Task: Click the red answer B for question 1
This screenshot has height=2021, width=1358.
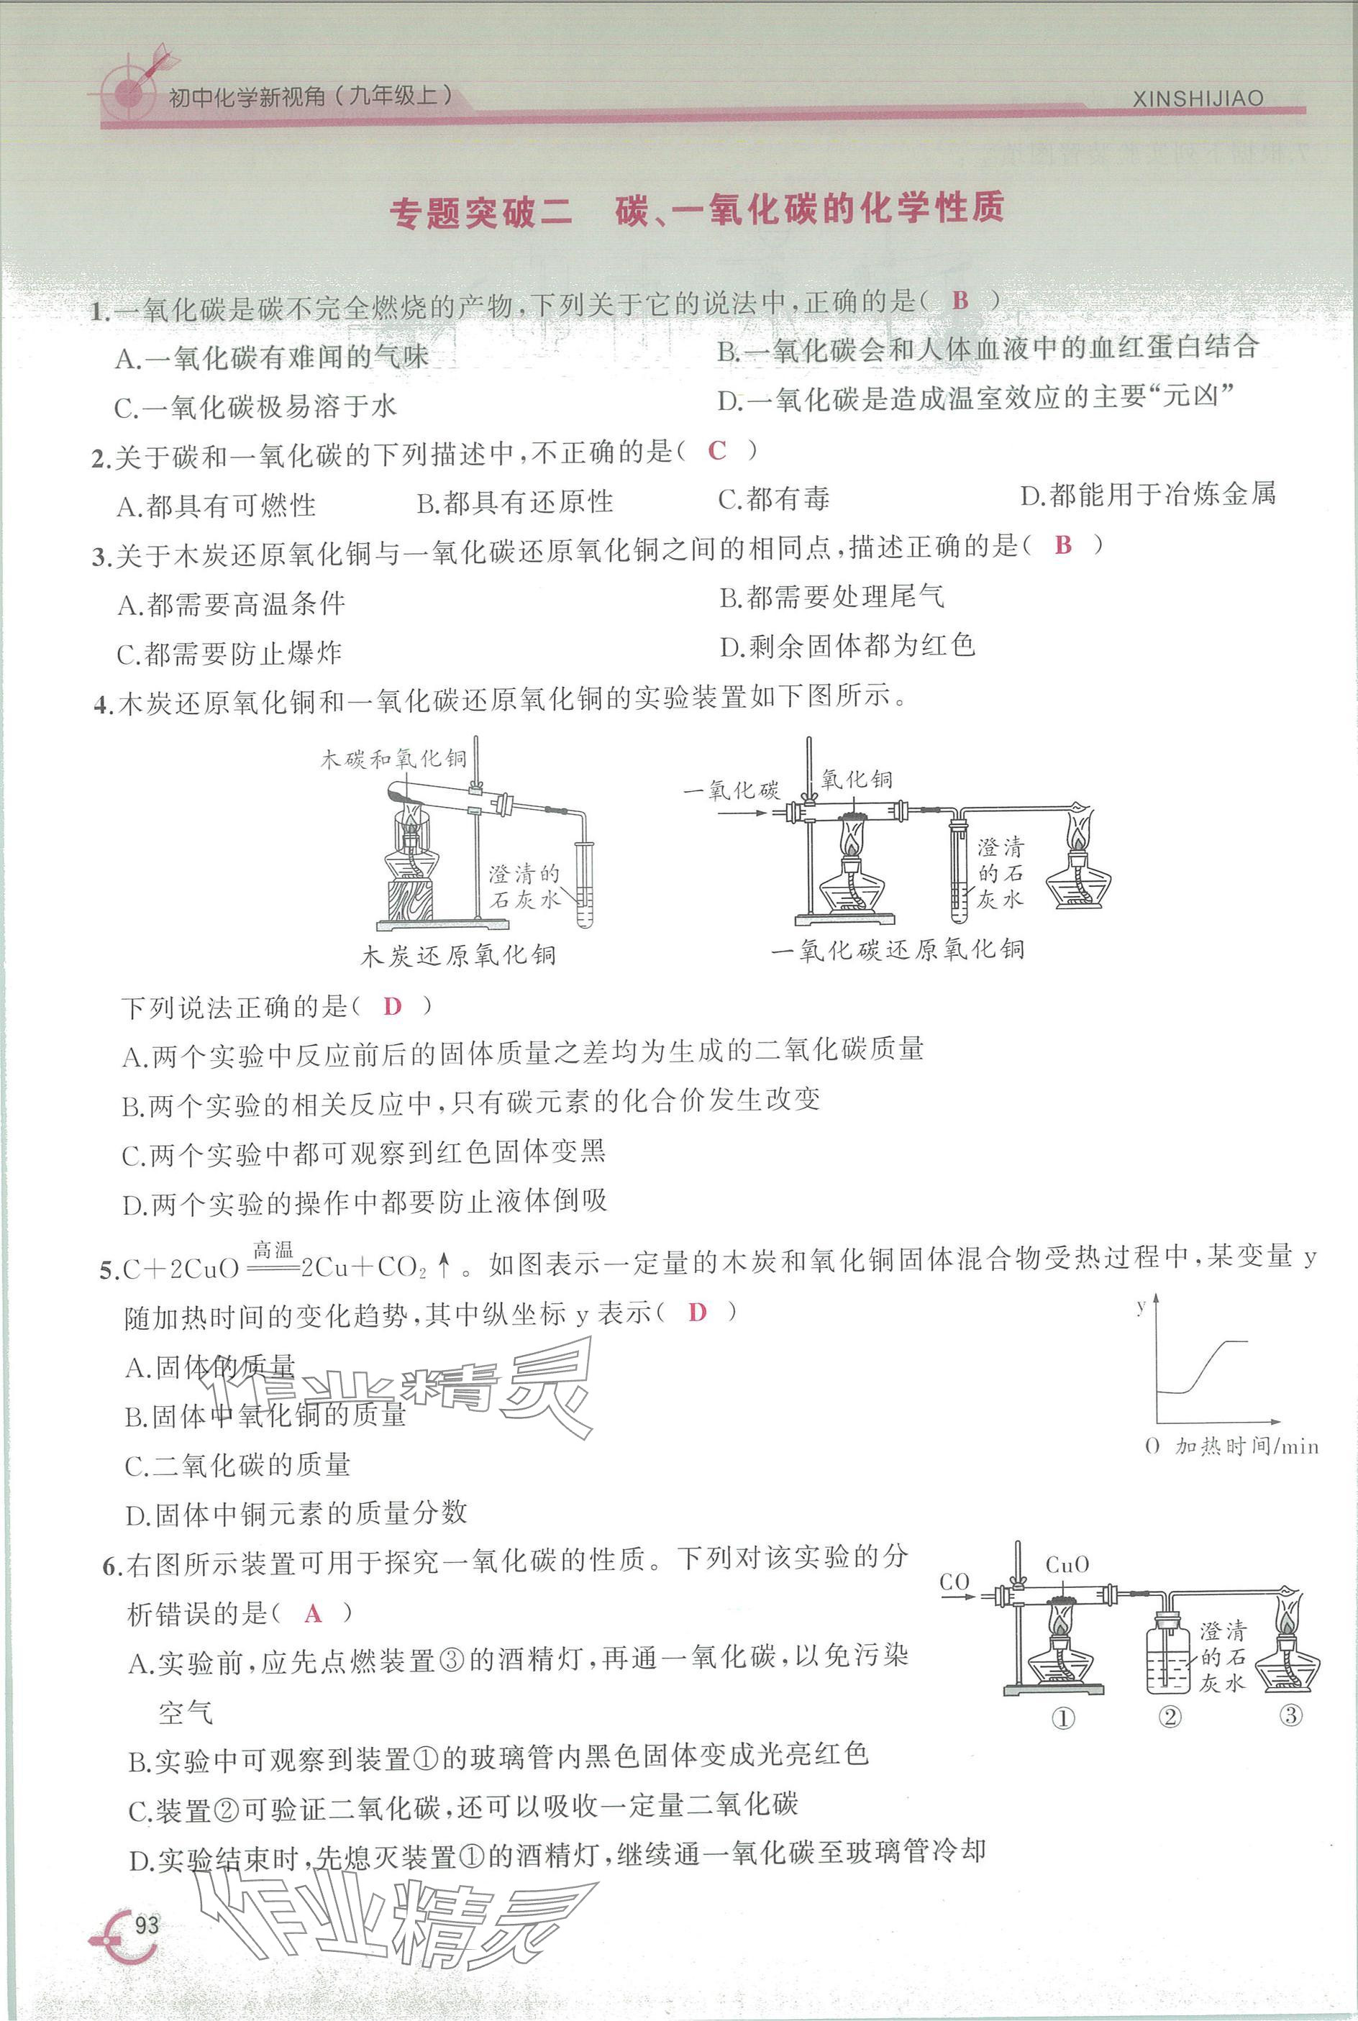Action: click(960, 300)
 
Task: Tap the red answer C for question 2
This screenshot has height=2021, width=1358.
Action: click(717, 450)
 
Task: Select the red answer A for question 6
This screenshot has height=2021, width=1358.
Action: click(314, 1613)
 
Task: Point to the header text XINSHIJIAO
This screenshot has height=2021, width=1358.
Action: click(1198, 99)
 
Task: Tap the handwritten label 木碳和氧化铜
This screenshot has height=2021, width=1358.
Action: click(393, 759)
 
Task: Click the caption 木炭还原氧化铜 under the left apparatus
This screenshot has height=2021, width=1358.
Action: click(458, 955)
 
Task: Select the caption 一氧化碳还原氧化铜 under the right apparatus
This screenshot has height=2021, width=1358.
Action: click(897, 950)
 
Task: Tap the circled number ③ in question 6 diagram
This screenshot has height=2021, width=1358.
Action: click(1290, 1714)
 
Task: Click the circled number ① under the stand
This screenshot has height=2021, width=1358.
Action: click(1062, 1717)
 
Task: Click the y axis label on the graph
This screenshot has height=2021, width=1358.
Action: click(1141, 1304)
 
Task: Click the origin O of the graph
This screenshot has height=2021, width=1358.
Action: click(1151, 1445)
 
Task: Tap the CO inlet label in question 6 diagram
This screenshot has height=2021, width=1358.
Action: click(954, 1582)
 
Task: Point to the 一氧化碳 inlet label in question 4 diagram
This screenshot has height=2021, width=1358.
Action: click(731, 789)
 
